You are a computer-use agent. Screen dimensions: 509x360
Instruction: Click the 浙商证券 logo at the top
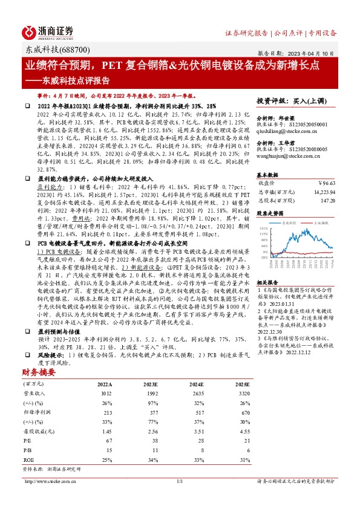(48, 31)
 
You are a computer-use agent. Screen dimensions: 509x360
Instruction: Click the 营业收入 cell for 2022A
(105, 393)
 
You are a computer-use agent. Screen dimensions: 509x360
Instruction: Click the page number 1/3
(179, 481)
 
